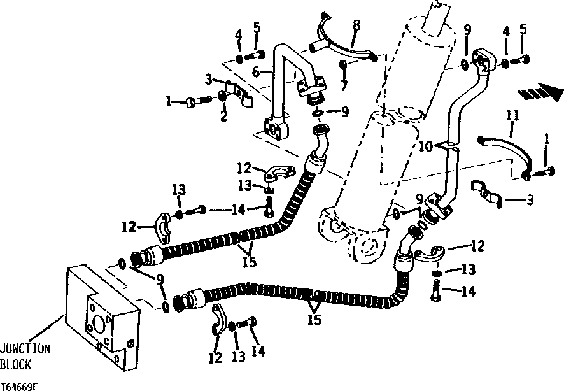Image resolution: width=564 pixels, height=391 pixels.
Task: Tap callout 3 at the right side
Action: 530,200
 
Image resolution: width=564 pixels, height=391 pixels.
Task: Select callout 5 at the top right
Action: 522,30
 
